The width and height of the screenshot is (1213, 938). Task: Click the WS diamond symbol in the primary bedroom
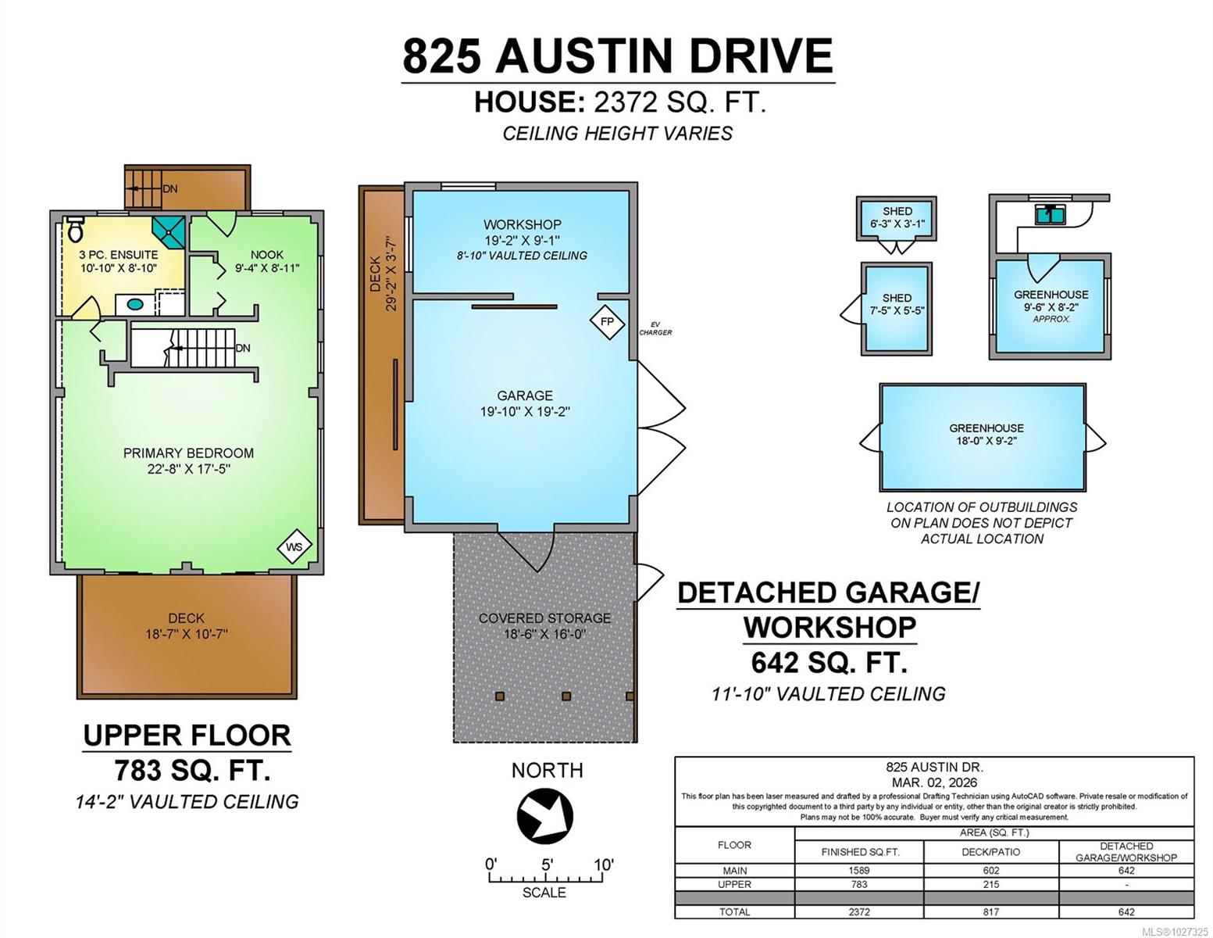click(x=294, y=546)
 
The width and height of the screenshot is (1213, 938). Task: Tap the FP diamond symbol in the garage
click(x=607, y=322)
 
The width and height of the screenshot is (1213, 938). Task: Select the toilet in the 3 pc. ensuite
click(x=75, y=229)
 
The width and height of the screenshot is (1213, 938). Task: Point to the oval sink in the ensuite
click(x=135, y=304)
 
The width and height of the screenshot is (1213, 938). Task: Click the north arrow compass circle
click(x=545, y=816)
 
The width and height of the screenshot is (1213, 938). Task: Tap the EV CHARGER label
click(x=655, y=328)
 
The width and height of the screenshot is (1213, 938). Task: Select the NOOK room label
click(x=267, y=254)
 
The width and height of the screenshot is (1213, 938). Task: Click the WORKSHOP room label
click(x=522, y=224)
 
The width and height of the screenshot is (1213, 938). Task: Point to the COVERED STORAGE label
click(x=544, y=618)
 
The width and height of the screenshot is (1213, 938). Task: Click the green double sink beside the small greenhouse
click(x=1050, y=214)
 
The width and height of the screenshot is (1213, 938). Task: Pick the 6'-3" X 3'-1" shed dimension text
click(x=897, y=224)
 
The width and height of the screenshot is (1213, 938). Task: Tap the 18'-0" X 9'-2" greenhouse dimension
click(x=986, y=441)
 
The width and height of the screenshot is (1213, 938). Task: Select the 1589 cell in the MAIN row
click(x=859, y=871)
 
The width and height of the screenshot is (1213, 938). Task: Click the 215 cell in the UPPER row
click(x=991, y=884)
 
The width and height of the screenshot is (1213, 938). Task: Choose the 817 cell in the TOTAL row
click(x=991, y=911)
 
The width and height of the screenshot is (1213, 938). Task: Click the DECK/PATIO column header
click(x=991, y=852)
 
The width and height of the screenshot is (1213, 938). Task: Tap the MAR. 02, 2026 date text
click(x=934, y=782)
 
